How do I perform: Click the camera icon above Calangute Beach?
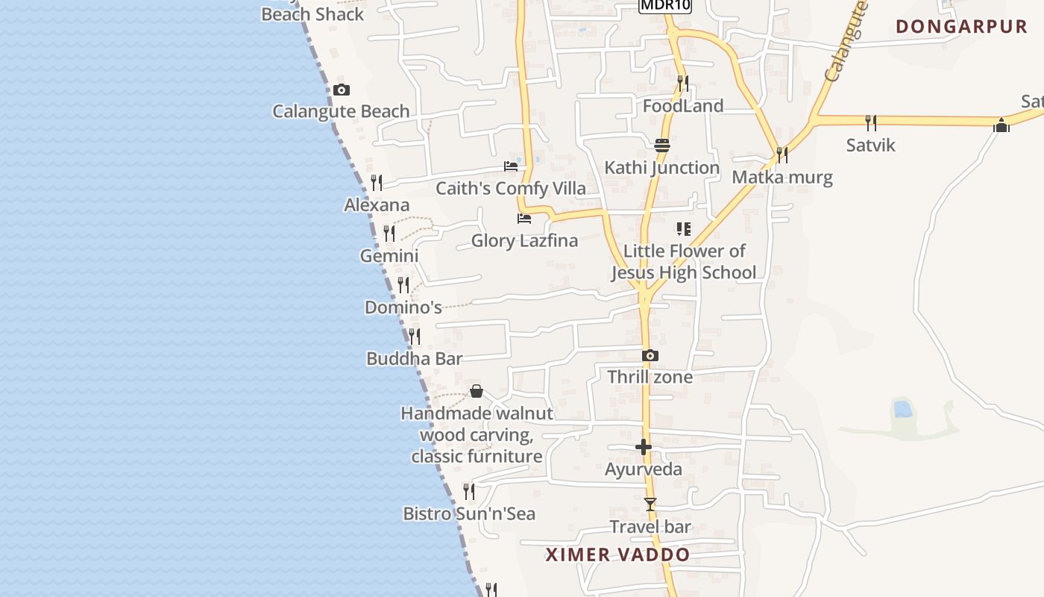coord(341,90)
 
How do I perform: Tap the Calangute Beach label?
coord(341,111)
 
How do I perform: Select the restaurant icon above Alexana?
coord(377,182)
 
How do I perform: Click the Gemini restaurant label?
coord(389,256)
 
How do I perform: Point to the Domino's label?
coord(403,307)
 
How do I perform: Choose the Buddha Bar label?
coord(415,358)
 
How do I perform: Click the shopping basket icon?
coord(476,391)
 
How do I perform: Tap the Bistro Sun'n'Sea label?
coord(469,513)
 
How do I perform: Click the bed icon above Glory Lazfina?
coord(524,219)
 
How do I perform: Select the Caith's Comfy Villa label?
coord(511,188)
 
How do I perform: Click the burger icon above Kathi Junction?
coord(661,145)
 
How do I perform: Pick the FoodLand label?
coord(683,106)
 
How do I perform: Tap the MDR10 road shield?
coord(665,5)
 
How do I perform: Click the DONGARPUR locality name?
coord(962,27)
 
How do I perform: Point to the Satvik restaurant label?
coord(870,145)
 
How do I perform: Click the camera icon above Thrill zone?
coord(650,356)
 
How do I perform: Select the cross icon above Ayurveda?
coord(644,447)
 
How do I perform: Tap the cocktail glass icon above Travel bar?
coord(650,504)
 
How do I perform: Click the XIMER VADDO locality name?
coord(617,554)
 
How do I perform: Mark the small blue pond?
coord(902,408)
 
